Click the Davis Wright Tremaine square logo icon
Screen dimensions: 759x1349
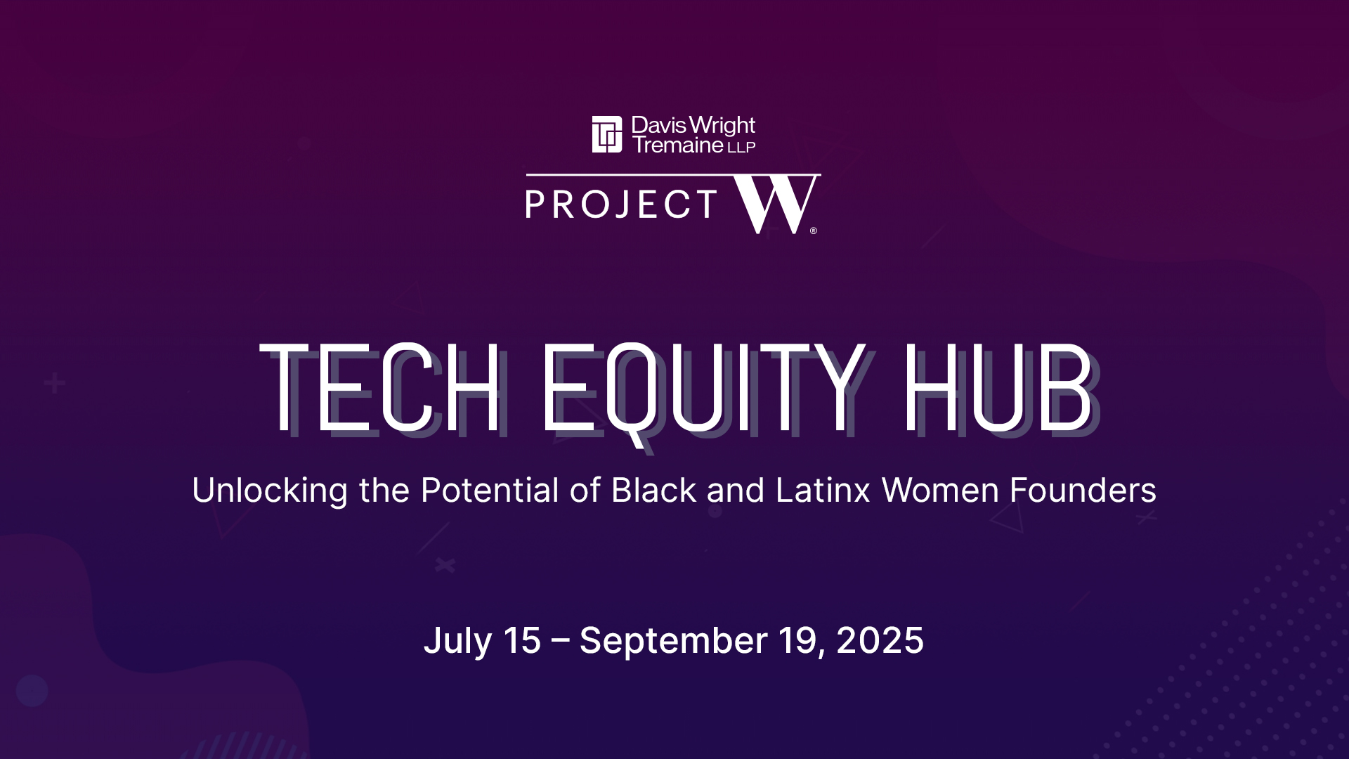pos(607,134)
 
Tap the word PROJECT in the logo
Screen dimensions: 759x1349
pos(621,205)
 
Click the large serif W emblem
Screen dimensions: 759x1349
pos(774,205)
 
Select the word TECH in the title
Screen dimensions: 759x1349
pos(380,388)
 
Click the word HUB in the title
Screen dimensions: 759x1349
pos(998,388)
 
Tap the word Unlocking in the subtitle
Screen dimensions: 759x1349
pos(270,491)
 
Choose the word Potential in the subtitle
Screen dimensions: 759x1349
pos(490,490)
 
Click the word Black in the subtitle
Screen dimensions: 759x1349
pos(653,490)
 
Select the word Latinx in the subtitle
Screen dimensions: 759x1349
pos(823,490)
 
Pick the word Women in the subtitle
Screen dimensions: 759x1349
pos(940,490)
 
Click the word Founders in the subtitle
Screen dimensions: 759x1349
pos(1083,490)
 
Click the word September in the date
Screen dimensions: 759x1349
pos(673,642)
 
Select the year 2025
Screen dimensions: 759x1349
pos(880,640)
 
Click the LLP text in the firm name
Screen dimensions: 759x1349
pos(741,148)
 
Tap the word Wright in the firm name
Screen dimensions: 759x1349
pos(722,126)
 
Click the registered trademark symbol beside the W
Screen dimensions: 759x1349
pos(814,231)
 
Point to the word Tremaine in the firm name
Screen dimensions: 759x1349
pos(678,145)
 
